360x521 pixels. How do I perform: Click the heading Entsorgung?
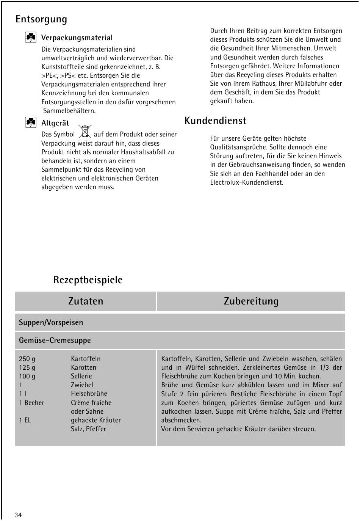tap(41, 19)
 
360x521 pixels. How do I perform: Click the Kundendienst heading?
tap(215, 121)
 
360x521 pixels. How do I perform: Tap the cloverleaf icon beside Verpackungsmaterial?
tap(31, 38)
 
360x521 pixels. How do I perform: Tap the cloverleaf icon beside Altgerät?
tap(31, 122)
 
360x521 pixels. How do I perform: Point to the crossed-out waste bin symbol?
tap(85, 131)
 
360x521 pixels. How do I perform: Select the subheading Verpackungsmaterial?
tap(77, 38)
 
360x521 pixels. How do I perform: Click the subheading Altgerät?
tap(55, 123)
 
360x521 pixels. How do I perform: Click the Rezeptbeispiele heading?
tap(88, 280)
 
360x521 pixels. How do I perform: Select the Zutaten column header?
tap(86, 301)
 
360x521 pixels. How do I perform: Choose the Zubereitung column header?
tap(251, 301)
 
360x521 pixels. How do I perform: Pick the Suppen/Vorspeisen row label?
tap(51, 323)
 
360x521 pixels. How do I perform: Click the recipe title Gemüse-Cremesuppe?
tap(55, 341)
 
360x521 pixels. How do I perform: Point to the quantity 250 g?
tap(27, 359)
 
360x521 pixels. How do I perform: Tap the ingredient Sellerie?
tap(81, 376)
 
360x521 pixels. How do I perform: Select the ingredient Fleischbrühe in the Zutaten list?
tap(89, 394)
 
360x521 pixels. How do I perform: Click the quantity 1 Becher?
tap(31, 403)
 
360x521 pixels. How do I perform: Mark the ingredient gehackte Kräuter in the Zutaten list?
tap(96, 420)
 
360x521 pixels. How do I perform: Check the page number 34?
tap(18, 515)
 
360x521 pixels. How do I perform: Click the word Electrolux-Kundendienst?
tap(246, 182)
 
